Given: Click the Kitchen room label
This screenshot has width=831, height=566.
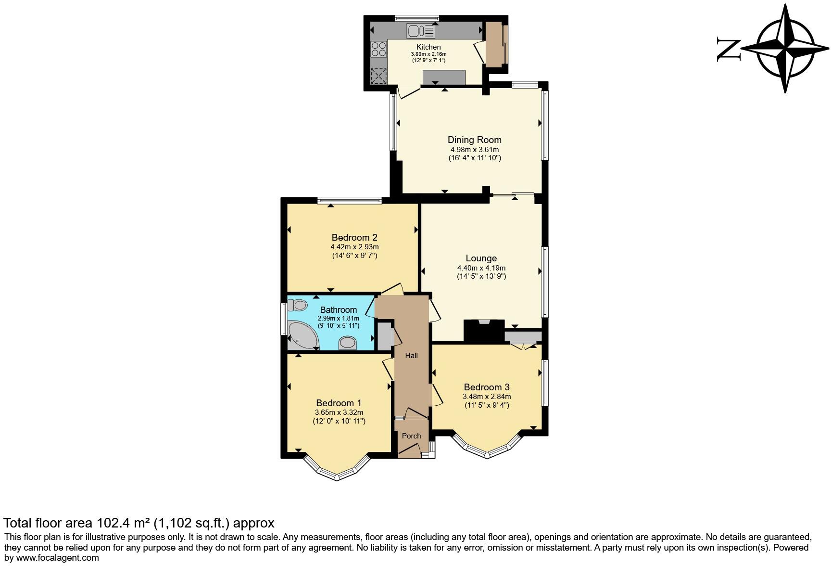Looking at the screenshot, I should (x=428, y=47).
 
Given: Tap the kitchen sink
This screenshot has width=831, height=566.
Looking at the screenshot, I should (x=420, y=31).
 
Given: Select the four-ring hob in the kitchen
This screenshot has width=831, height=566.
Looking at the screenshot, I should (x=379, y=49).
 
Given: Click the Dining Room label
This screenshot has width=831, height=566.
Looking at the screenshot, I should (x=474, y=140).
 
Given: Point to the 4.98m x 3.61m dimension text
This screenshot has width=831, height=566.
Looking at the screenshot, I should (x=474, y=149).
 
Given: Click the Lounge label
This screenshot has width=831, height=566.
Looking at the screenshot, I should (x=481, y=258).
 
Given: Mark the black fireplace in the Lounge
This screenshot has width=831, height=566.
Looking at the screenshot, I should (x=484, y=332).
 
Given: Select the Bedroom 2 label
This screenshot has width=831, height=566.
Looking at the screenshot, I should (x=354, y=237).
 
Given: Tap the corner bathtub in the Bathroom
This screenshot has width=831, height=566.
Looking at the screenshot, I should (x=302, y=335).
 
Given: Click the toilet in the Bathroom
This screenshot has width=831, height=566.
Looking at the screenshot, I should (x=298, y=305).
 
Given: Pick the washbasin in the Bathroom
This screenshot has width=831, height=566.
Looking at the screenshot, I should (x=347, y=343).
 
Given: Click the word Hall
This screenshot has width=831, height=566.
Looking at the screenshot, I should (x=411, y=356).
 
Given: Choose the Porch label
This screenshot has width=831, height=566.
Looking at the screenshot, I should (x=411, y=436).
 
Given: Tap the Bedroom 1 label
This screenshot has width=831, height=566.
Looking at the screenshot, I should (x=339, y=403).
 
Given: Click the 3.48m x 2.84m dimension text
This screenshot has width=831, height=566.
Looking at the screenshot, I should (x=487, y=397).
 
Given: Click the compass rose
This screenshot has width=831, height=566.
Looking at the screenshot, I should (x=785, y=48).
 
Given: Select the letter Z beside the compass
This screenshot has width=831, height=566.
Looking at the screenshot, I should (x=728, y=49).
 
